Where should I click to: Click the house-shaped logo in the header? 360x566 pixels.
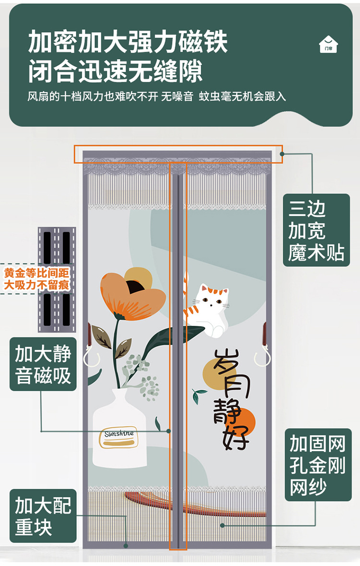(328, 44)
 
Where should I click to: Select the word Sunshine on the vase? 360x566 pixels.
(119, 434)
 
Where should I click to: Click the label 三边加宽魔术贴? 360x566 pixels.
(316, 230)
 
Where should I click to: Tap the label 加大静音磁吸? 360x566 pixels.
(43, 364)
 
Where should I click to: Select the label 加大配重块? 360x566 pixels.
(43, 516)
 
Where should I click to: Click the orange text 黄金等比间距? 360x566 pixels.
(37, 273)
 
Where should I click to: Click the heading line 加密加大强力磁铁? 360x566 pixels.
(128, 42)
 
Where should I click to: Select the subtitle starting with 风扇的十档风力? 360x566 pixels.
(156, 96)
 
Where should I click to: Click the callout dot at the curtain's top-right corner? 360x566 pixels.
(282, 154)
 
